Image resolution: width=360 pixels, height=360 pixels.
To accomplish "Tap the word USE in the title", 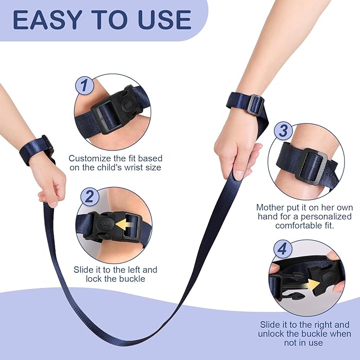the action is coord(164,20).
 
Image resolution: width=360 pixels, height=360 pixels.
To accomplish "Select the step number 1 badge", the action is coord(84,85).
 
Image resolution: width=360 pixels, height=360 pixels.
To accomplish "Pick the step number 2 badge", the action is coord(90,196).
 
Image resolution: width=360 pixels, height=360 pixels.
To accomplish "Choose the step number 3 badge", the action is coord(283,130).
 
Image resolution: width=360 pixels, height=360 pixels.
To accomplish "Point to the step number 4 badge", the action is coord(283,249).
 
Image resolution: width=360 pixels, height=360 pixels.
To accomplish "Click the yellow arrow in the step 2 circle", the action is coord(122,224).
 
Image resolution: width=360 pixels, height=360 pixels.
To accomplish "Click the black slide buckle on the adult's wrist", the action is coord(256,103).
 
